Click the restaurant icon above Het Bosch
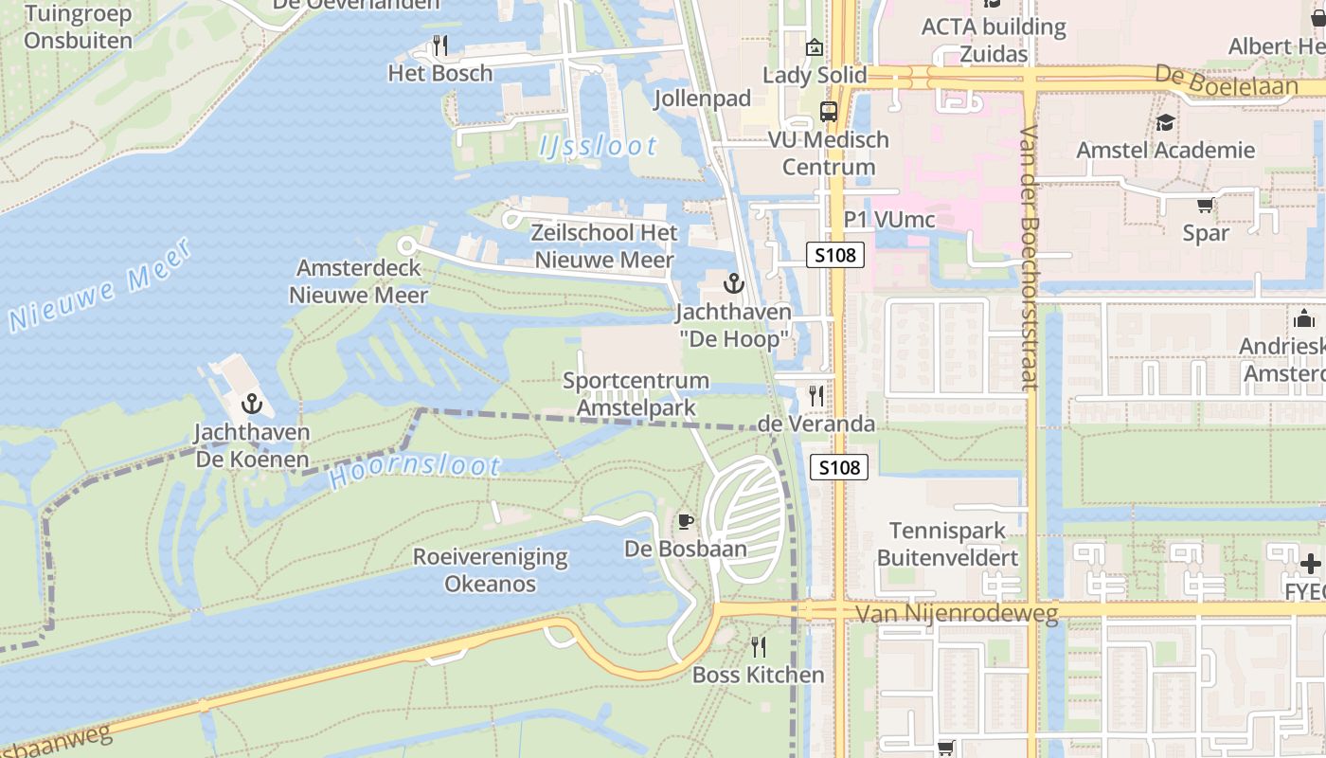point(439,45)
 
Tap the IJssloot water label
point(598,146)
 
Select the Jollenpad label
point(702,99)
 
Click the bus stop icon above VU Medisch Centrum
point(829,112)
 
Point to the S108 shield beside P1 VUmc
point(836,254)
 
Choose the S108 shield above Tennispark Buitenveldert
point(839,467)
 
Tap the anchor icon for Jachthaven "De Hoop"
point(733,282)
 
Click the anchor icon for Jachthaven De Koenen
point(251,405)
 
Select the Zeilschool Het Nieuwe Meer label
point(604,246)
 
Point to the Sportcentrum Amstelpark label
point(636,394)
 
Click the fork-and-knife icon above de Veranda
point(815,395)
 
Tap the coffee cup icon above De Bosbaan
point(686,521)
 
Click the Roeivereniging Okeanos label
point(491,570)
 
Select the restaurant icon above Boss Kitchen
point(758,646)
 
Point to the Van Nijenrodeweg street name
point(957,614)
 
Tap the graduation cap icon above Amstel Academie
point(1165,122)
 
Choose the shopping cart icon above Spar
point(1205,205)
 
